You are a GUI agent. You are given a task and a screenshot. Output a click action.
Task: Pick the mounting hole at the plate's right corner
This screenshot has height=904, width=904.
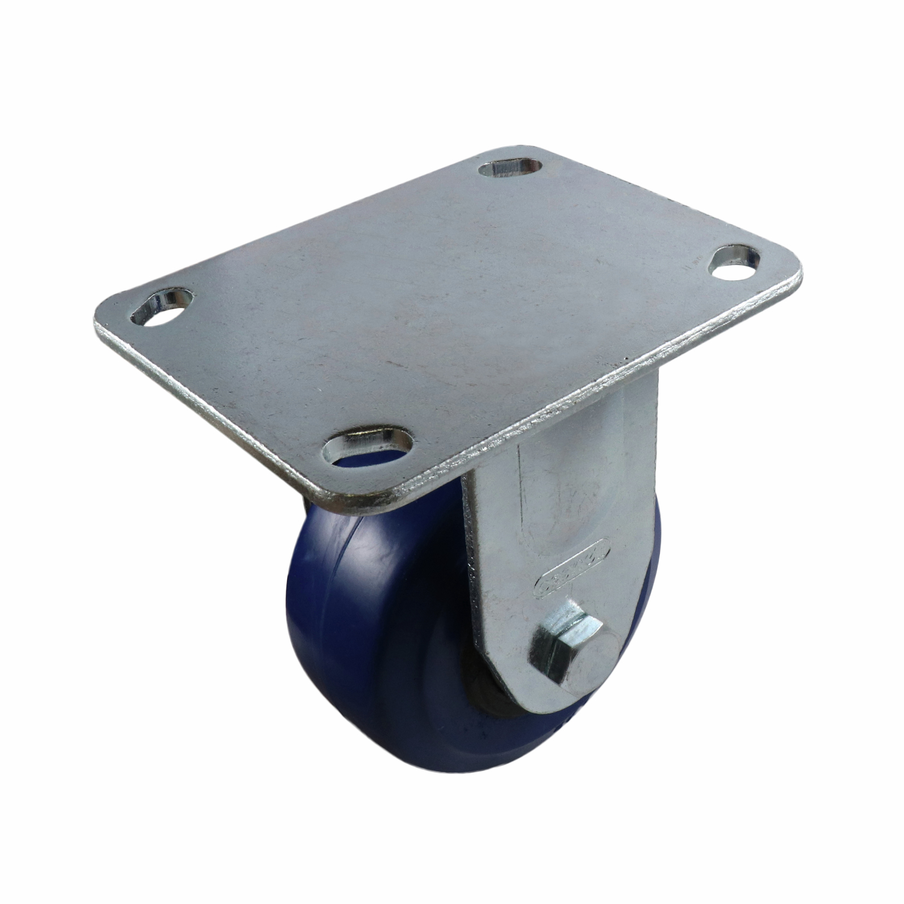click(733, 263)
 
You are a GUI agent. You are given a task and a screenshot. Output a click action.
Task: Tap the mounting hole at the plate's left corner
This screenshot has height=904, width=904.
click(162, 309)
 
